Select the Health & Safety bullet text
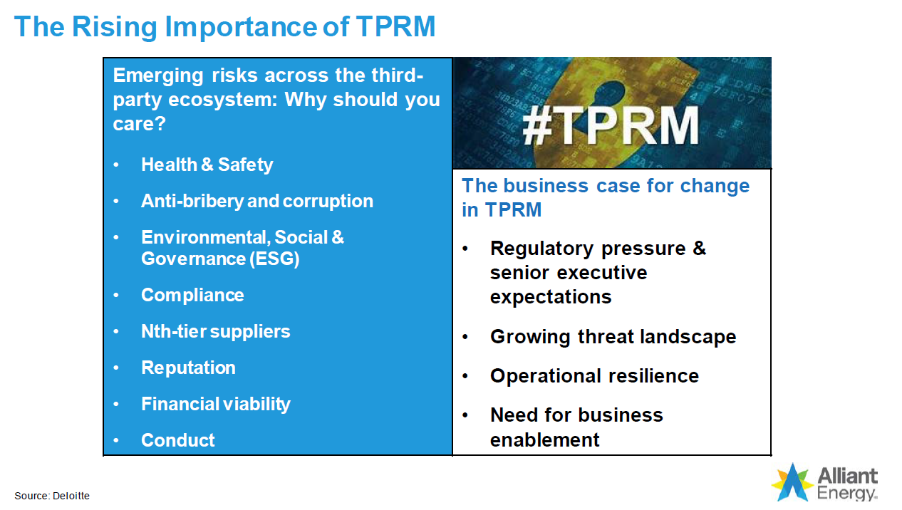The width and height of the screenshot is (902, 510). [x=207, y=165]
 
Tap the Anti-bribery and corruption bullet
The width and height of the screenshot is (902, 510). [x=256, y=201]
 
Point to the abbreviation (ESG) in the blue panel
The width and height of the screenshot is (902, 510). [x=274, y=259]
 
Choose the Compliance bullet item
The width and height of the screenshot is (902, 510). [x=192, y=295]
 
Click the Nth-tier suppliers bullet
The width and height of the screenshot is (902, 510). [x=215, y=331]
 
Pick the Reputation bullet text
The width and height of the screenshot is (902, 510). [x=188, y=368]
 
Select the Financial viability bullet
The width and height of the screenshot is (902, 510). [x=215, y=404]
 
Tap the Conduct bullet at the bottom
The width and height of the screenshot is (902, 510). [x=177, y=440]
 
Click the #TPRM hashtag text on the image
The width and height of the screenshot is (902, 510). [x=611, y=126]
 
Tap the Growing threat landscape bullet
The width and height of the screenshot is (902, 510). [x=613, y=337]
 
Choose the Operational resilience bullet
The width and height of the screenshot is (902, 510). [x=594, y=376]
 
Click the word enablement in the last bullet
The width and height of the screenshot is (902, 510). [x=544, y=440]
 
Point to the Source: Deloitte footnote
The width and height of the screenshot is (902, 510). [x=52, y=496]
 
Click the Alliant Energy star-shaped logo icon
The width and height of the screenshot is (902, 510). [x=792, y=482]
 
